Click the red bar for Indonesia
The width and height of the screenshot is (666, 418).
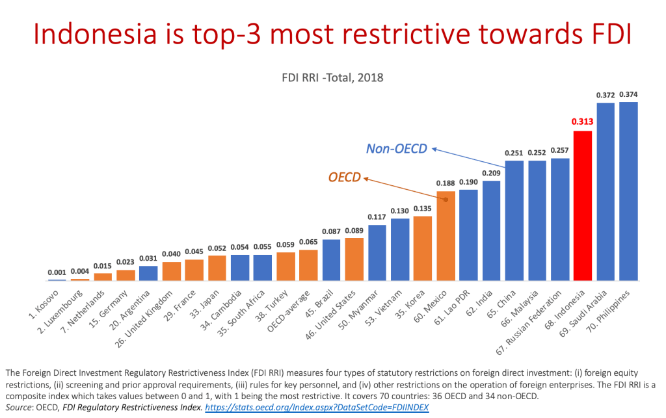pyautogui.click(x=583, y=205)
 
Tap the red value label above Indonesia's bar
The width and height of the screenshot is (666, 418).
pyautogui.click(x=583, y=121)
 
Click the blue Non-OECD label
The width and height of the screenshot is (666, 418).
pyautogui.click(x=397, y=150)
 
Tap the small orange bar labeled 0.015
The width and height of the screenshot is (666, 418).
pyautogui.click(x=103, y=276)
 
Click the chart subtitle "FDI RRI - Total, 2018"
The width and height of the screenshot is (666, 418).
pyautogui.click(x=333, y=77)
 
